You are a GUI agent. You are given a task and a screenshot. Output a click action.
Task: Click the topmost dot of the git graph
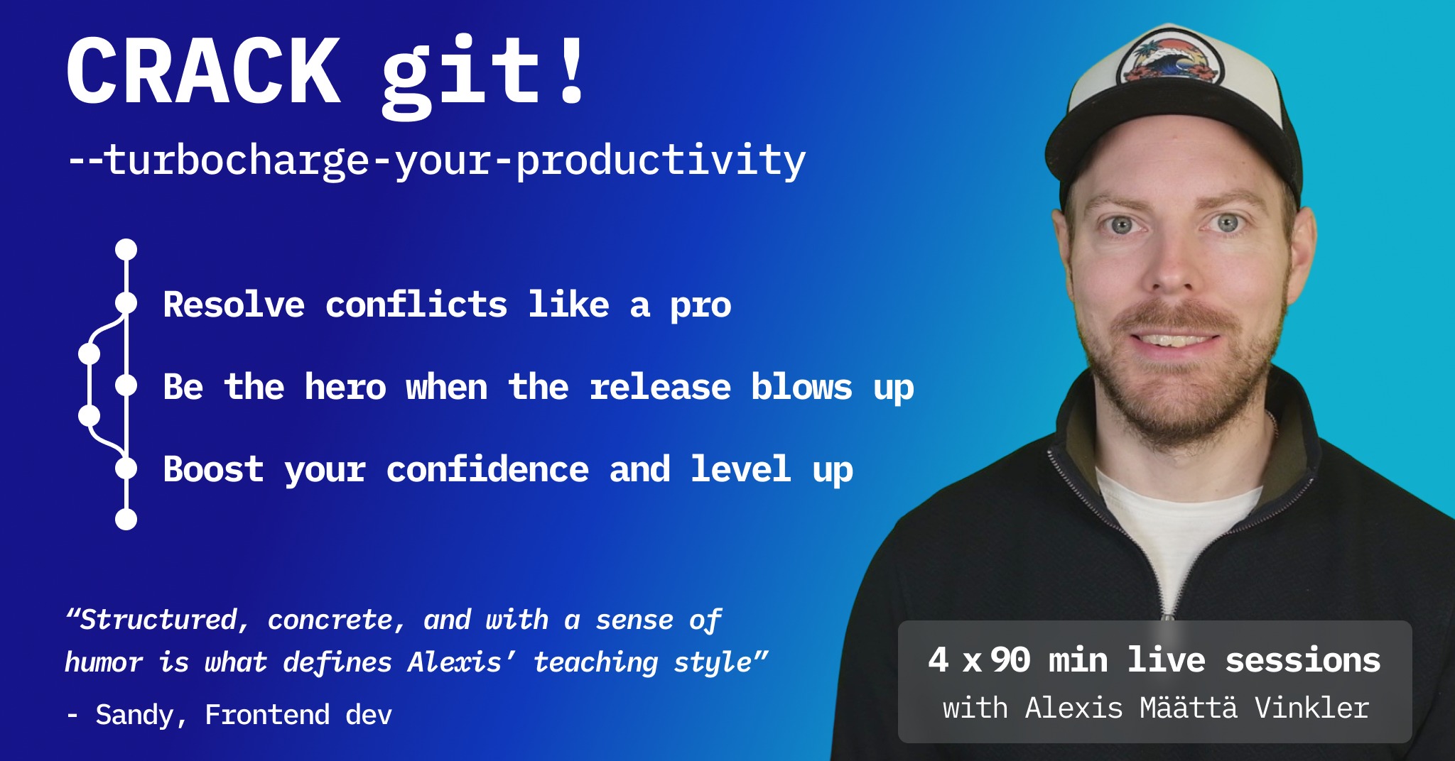[126, 249]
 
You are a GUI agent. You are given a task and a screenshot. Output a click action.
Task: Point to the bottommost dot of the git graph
[126, 519]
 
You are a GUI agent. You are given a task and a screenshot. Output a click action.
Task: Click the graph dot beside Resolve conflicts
[126, 303]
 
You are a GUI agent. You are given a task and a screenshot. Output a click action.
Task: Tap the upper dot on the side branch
[89, 353]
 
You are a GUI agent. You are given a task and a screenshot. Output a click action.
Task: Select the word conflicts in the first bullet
[416, 305]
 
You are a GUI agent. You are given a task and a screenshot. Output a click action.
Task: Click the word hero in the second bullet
[345, 388]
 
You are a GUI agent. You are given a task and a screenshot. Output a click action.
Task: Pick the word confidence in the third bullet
[487, 469]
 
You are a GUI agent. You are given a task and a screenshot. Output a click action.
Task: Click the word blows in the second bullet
[801, 388]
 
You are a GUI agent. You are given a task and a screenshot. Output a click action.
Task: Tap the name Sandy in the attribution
[135, 715]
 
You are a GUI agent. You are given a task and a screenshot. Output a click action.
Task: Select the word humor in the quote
[104, 662]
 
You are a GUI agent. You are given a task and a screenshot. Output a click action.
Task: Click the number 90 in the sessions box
[1011, 660]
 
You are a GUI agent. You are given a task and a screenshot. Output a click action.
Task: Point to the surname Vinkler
[1311, 708]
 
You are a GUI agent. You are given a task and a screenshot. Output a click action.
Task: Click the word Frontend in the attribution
[267, 715]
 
